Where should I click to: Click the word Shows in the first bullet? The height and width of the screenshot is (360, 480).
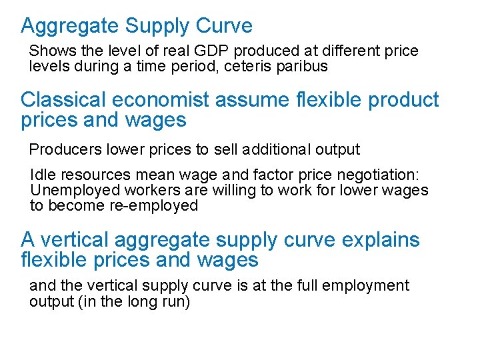[x=49, y=51]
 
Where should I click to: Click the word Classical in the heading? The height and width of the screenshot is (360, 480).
[x=63, y=100]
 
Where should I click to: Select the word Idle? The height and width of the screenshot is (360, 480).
[x=41, y=175]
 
